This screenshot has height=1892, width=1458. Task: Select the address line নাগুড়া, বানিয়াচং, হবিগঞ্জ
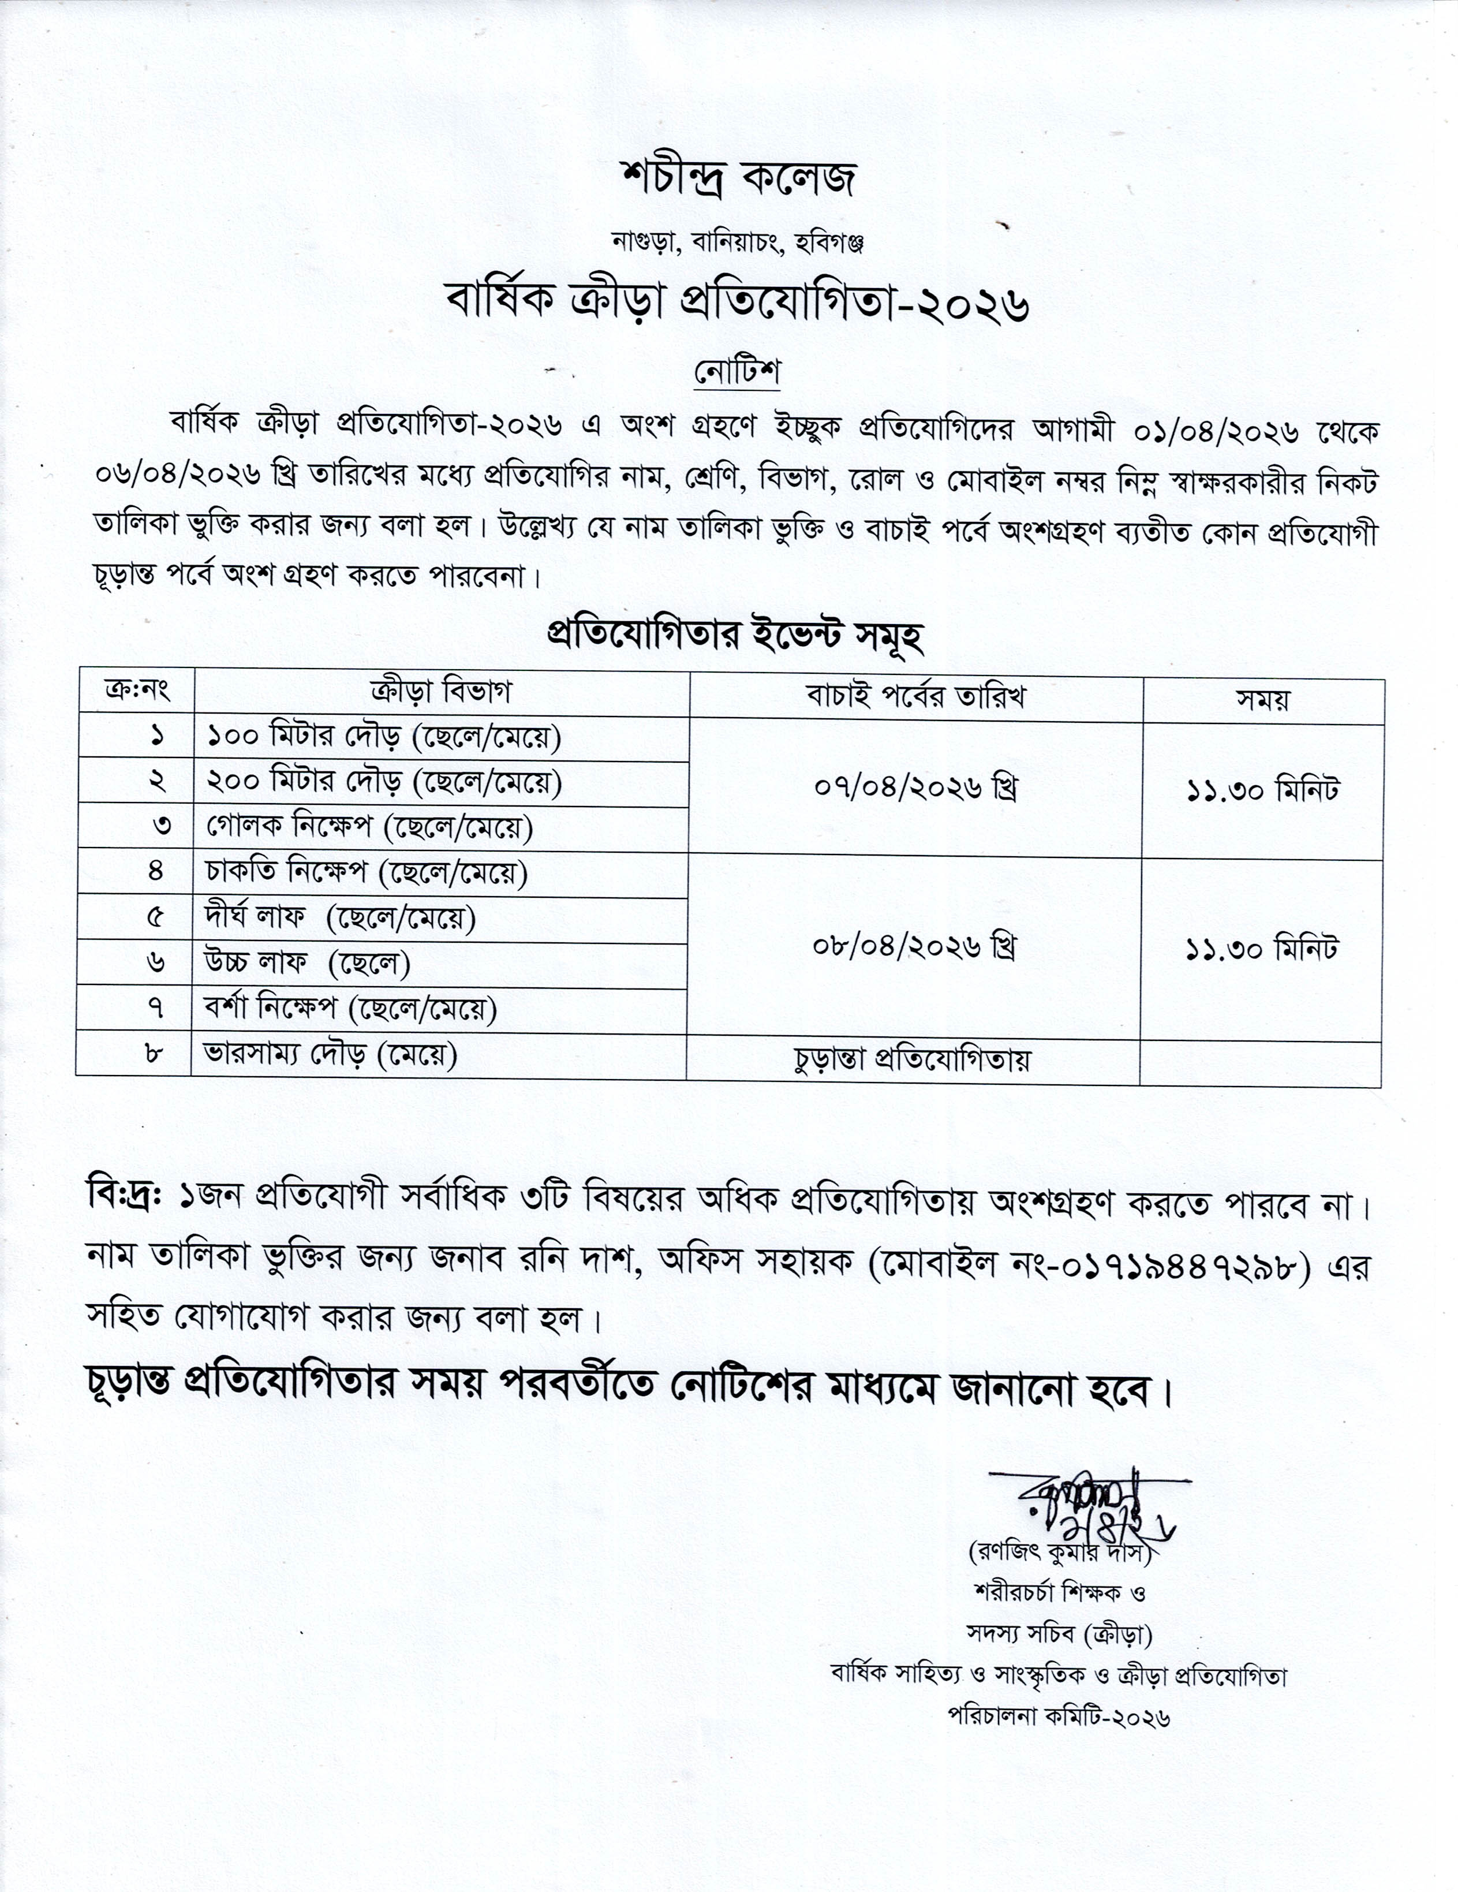click(738, 244)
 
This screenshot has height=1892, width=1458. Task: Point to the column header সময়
click(1262, 700)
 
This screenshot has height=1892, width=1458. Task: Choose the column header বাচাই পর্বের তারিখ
click(915, 696)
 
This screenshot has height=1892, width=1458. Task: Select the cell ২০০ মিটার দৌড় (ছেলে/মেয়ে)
click(384, 782)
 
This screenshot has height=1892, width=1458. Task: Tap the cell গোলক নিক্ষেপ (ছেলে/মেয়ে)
click(369, 827)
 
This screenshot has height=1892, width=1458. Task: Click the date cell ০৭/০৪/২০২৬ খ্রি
click(915, 788)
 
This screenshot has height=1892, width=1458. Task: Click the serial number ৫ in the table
click(156, 917)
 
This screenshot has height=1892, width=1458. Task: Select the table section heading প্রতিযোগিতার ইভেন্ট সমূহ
click(735, 635)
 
